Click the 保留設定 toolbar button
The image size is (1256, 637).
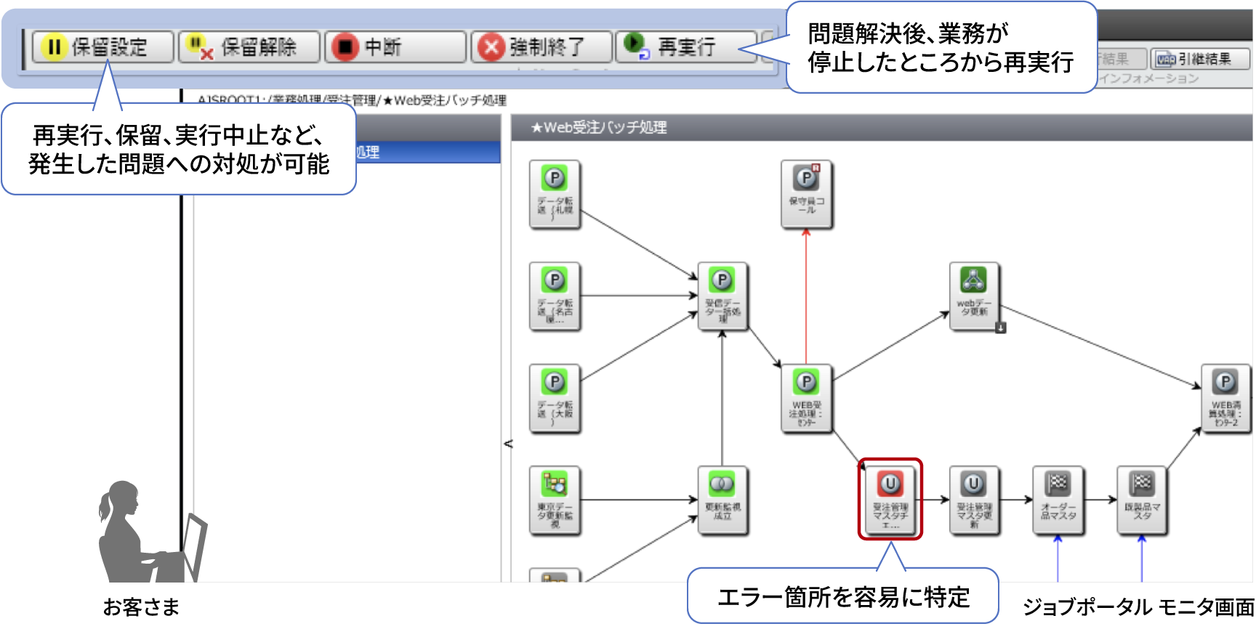[x=102, y=47]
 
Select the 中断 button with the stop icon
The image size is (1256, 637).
[x=395, y=47]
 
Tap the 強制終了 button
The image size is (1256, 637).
[x=542, y=47]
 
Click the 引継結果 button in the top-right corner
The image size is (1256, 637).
[x=1199, y=59]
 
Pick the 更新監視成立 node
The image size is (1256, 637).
[x=722, y=500]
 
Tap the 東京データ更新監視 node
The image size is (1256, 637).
[x=555, y=500]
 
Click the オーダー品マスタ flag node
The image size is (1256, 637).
[x=1058, y=500]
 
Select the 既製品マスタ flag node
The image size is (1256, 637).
[x=1142, y=500]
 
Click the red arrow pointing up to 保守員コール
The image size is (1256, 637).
[x=806, y=298]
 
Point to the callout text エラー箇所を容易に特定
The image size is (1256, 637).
[x=843, y=597]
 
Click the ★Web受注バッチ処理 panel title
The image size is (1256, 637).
[x=599, y=128]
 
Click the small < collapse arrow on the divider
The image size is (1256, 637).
[x=508, y=443]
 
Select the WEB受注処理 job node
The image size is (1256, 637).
[x=806, y=398]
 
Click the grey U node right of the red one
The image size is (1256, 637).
[x=974, y=500]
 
